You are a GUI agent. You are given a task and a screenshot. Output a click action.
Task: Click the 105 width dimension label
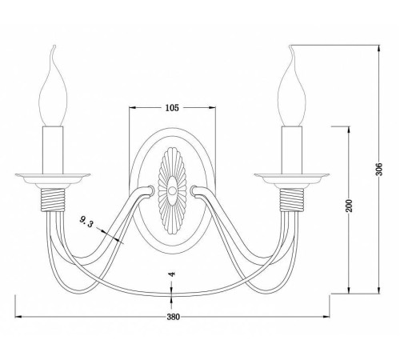[x=172, y=108]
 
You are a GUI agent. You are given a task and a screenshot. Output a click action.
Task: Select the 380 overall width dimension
[x=174, y=317]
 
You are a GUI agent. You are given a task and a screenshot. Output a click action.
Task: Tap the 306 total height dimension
[x=379, y=169]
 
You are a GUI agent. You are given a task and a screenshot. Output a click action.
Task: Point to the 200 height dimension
[x=349, y=206]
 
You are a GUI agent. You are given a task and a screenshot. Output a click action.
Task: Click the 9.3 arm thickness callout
[x=86, y=222]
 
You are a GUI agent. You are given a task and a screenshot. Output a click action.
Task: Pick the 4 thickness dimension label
[x=172, y=274]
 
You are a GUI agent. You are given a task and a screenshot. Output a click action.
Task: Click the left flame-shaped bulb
[x=53, y=86]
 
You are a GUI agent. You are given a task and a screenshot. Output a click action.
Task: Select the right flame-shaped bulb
[x=291, y=86]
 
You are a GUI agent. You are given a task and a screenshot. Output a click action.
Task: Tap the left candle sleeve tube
[x=53, y=150]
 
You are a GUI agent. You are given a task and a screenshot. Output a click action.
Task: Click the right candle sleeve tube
[x=292, y=150]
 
